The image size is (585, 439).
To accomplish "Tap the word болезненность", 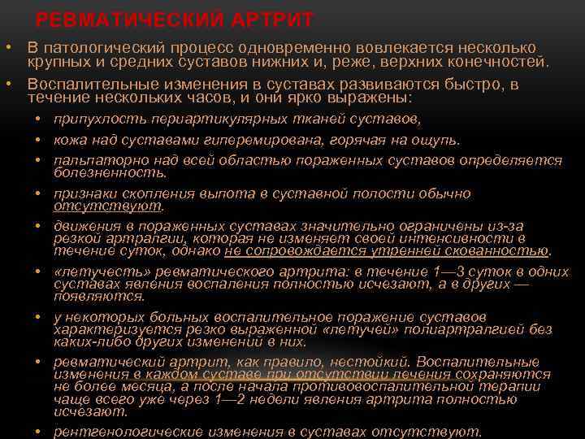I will point(110,172).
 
